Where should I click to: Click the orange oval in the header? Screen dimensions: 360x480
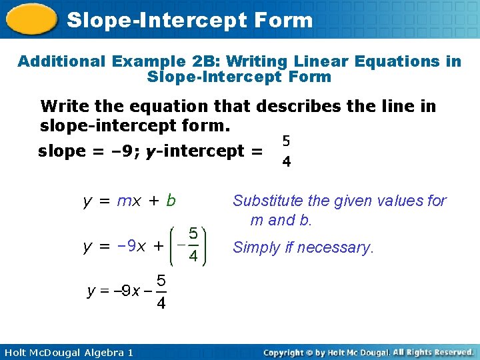(x=31, y=20)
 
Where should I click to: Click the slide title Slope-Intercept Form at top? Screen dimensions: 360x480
(x=190, y=20)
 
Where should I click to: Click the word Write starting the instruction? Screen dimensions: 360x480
(x=63, y=107)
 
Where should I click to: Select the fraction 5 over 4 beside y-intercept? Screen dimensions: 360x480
(x=285, y=151)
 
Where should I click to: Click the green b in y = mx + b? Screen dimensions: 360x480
(x=171, y=200)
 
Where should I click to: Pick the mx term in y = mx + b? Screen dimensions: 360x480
(x=129, y=201)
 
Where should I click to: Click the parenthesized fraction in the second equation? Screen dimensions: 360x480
(x=191, y=245)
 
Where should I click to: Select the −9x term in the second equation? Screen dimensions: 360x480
(x=132, y=247)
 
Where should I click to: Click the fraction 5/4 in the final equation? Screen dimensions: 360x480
(x=161, y=292)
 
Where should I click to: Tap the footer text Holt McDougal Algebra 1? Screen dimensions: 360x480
(x=67, y=352)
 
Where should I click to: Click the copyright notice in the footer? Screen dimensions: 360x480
(x=368, y=352)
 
